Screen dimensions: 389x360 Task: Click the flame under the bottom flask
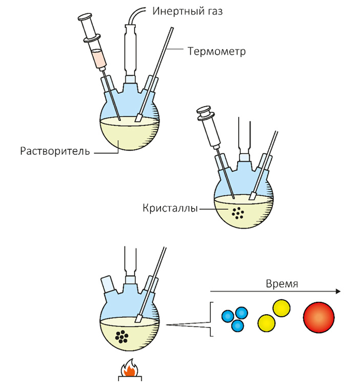pyautogui.click(x=132, y=368)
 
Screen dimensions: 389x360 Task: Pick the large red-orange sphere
pyautogui.click(x=319, y=318)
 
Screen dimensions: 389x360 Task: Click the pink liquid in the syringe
pyautogui.click(x=99, y=58)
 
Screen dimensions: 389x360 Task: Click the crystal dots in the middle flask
pyautogui.click(x=238, y=212)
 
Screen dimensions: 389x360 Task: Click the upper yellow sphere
pyautogui.click(x=281, y=308)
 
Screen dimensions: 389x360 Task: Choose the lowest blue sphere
pyautogui.click(x=238, y=326)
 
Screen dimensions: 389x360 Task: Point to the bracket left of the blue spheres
pyautogui.click(x=211, y=319)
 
